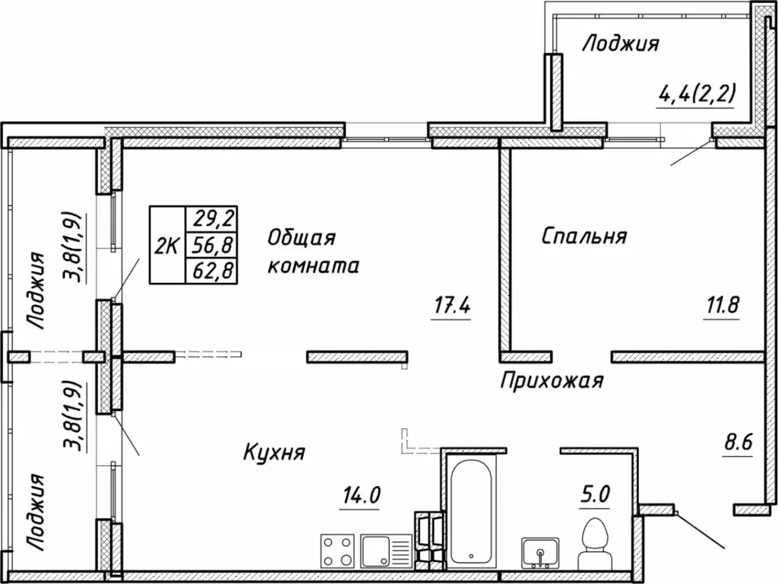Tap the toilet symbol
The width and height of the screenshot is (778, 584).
[x=595, y=541]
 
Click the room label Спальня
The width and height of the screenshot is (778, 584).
[x=583, y=236]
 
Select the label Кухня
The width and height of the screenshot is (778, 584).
[x=274, y=453]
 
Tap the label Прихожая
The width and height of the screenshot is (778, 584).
[x=551, y=380]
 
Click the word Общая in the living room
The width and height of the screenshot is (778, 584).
[x=301, y=238]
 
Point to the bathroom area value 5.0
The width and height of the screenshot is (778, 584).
[x=595, y=494]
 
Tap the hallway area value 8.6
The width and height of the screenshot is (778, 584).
[x=735, y=442]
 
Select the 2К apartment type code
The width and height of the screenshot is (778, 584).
[x=167, y=246]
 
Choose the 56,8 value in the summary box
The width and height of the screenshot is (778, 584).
[x=213, y=245]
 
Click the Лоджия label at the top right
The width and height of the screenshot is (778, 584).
[x=619, y=44]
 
